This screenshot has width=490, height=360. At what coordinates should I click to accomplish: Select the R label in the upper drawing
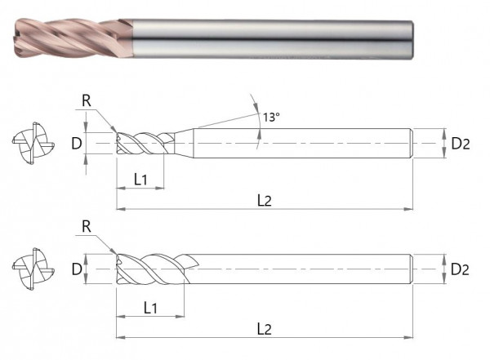coord(87,102)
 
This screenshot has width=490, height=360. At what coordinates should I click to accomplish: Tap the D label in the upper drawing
coord(75,144)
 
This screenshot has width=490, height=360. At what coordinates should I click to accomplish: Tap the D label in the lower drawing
coord(75,269)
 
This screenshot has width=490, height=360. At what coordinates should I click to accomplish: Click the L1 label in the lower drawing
coord(150,308)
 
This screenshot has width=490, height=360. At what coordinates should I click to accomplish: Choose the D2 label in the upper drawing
coord(461,144)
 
